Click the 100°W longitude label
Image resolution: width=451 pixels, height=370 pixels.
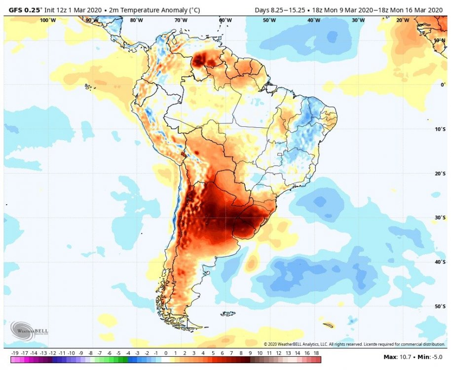point(47,20)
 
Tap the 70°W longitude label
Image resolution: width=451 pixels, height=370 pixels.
point(181,20)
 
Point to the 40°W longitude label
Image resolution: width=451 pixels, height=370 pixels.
point(313,20)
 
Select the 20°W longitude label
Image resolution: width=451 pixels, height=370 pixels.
point(402,20)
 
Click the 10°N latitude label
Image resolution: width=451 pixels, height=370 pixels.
point(439,40)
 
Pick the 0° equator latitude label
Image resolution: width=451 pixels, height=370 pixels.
point(443,85)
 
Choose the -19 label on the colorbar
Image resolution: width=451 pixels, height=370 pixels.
point(15,353)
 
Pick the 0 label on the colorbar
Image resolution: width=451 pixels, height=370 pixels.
point(166,353)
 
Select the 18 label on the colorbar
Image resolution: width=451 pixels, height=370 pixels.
point(317,353)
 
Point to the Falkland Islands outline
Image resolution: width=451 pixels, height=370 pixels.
point(228,313)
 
